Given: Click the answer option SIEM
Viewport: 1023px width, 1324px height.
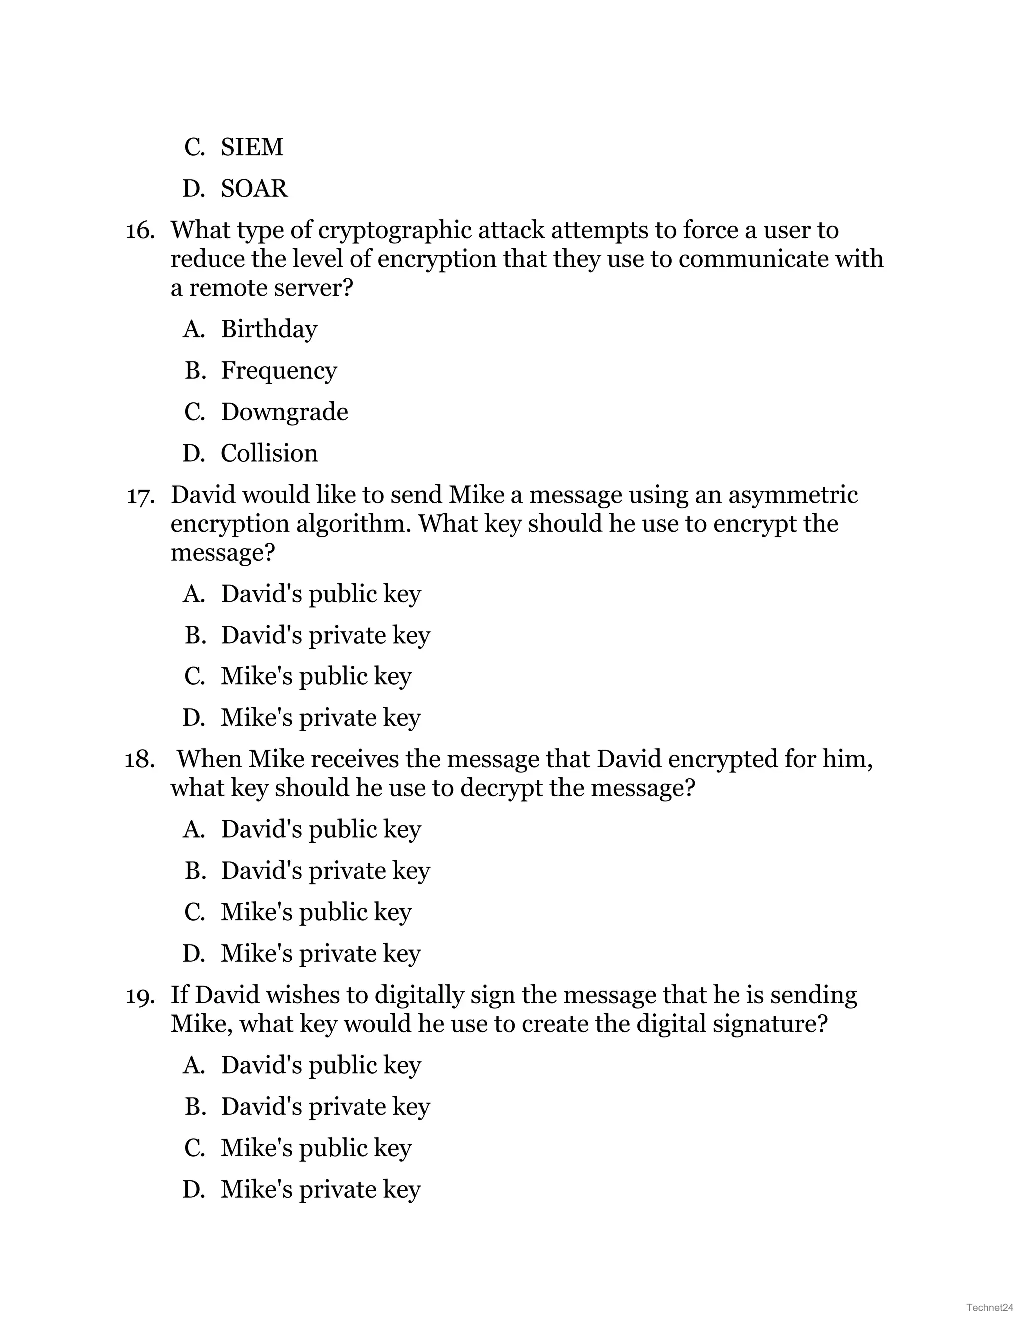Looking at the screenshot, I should [252, 147].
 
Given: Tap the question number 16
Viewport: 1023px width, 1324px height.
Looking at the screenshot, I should [140, 231].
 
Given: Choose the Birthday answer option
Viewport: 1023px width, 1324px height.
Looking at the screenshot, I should [268, 329].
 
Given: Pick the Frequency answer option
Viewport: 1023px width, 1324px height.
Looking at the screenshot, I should [278, 370].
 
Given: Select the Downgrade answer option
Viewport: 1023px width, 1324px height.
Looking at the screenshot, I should [284, 412].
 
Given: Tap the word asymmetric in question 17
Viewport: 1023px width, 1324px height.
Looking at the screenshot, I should [793, 495].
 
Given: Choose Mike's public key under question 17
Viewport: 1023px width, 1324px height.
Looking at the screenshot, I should [315, 676].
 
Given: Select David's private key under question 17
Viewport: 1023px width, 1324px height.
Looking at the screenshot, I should [325, 636].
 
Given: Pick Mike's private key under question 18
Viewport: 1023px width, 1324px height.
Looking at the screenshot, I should [320, 954].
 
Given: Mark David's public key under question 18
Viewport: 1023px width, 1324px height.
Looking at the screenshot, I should [320, 829].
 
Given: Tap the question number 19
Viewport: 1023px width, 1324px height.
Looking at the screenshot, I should [140, 996].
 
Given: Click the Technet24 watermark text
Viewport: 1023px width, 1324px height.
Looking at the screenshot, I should [990, 1307].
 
